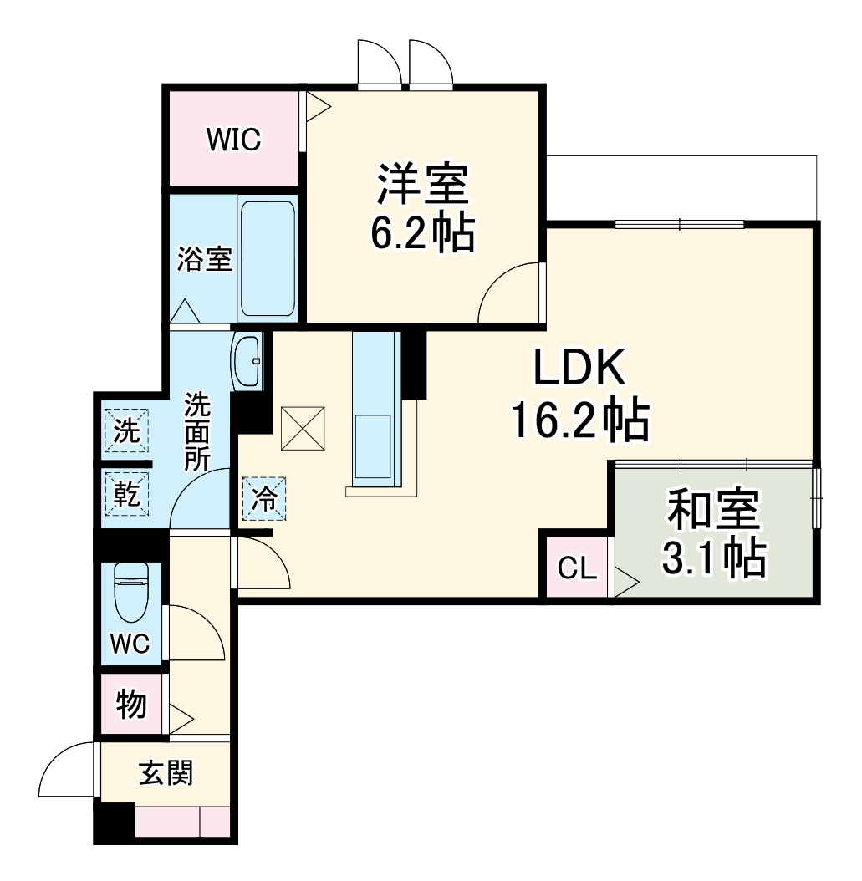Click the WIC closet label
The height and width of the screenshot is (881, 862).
(233, 140)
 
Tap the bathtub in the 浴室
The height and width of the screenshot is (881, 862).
(268, 257)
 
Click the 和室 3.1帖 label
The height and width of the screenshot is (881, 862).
(713, 535)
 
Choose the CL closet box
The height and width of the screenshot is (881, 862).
(578, 570)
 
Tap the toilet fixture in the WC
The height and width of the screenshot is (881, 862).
(131, 591)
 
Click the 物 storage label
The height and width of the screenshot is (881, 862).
(131, 705)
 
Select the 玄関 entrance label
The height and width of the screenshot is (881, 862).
(165, 774)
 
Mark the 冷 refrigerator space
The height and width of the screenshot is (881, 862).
(264, 499)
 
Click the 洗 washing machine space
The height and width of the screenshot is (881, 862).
(126, 431)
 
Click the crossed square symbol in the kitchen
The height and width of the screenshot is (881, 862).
(303, 426)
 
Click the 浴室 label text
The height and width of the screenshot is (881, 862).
(203, 259)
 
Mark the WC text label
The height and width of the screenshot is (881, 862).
(130, 644)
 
